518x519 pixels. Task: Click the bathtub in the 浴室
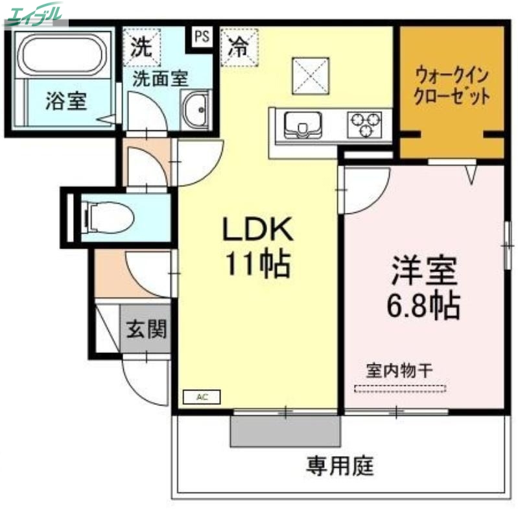(62, 56)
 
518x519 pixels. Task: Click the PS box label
(202, 36)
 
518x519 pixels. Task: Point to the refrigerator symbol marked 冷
(239, 48)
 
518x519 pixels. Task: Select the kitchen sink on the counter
(300, 124)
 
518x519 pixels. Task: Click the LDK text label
(259, 230)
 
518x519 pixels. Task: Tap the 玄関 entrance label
(146, 329)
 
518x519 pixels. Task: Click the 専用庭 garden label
(340, 465)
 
